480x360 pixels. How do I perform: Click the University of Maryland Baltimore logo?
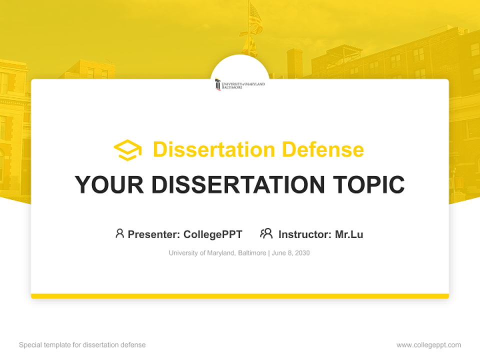pos(240,84)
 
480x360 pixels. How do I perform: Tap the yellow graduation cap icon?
pos(127,150)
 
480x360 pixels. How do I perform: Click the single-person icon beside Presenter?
pos(119,233)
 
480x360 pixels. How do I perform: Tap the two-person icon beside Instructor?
pos(266,233)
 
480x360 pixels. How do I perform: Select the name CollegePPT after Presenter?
pos(212,234)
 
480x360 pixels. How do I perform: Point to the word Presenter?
pos(154,234)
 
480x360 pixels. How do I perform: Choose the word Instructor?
pos(305,234)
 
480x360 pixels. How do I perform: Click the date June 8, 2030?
pos(291,253)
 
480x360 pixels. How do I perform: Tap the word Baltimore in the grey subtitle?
pos(251,253)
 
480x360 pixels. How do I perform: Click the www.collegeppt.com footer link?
pos(428,345)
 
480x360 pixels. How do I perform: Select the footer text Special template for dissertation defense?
pos(82,345)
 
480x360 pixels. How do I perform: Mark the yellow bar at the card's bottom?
pos(240,296)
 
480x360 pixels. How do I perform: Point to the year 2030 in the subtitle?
pos(302,253)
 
